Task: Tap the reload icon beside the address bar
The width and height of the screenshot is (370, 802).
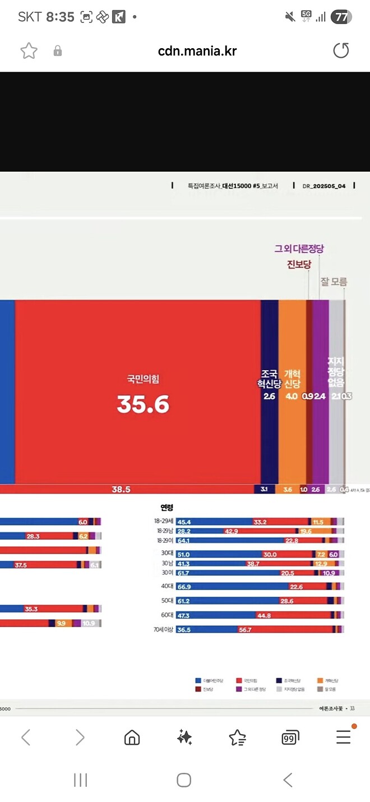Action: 341,51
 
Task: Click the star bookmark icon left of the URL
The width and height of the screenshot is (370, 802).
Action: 29,51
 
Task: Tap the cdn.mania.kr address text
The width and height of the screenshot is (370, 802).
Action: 197,51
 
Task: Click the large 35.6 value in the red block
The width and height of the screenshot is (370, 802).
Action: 143,404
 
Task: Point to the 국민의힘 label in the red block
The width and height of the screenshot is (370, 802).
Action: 143,379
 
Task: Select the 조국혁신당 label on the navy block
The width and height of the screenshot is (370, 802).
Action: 269,379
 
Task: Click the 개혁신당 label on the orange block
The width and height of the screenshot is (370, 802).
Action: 292,379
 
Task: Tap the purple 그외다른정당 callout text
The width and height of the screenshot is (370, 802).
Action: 299,249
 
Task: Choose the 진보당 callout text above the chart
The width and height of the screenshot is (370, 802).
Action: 299,265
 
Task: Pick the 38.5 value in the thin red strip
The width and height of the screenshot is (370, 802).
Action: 121,489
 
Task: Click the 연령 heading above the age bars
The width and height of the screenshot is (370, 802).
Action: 167,508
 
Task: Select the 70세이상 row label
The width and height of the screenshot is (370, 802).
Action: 163,630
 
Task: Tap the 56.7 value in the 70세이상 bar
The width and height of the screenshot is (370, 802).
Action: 245,630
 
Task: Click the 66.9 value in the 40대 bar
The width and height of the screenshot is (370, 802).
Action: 183,587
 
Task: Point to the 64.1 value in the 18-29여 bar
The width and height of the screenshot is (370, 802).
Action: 183,541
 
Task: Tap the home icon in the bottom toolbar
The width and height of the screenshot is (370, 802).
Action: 132,737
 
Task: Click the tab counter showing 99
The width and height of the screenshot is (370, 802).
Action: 290,738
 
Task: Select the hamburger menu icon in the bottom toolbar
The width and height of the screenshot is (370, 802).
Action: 343,737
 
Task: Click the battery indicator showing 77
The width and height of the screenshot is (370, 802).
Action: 341,17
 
